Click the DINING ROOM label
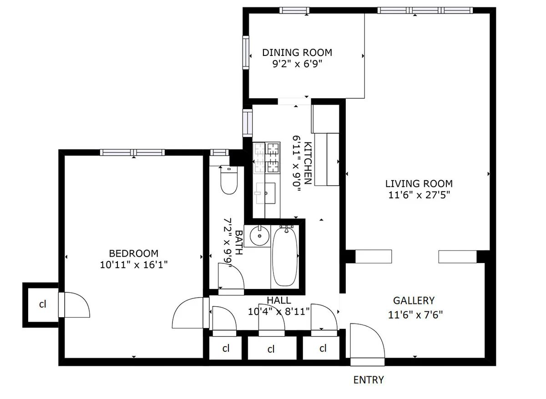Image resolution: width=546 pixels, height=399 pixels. pyautogui.click(x=297, y=52)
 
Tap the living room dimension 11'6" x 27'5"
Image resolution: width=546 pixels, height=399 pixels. pyautogui.click(x=419, y=196)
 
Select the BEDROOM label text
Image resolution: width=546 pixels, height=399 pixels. pyautogui.click(x=134, y=253)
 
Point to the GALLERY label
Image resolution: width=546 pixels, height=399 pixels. pyautogui.click(x=414, y=300)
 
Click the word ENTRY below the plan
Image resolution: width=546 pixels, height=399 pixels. pyautogui.click(x=369, y=380)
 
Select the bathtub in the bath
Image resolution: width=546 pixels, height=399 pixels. pyautogui.click(x=285, y=256)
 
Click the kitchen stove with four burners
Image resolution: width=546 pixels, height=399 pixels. pyautogui.click(x=267, y=158)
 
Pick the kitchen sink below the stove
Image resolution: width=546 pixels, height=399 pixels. pyautogui.click(x=266, y=193)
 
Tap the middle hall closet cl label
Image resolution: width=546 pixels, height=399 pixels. pyautogui.click(x=271, y=349)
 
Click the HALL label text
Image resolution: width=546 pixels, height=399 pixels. pyautogui.click(x=279, y=301)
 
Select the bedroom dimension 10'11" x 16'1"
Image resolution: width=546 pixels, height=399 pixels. pyautogui.click(x=134, y=265)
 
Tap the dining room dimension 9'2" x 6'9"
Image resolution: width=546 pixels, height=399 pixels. pyautogui.click(x=297, y=64)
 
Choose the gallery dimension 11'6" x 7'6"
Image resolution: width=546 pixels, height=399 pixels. pyautogui.click(x=415, y=314)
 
